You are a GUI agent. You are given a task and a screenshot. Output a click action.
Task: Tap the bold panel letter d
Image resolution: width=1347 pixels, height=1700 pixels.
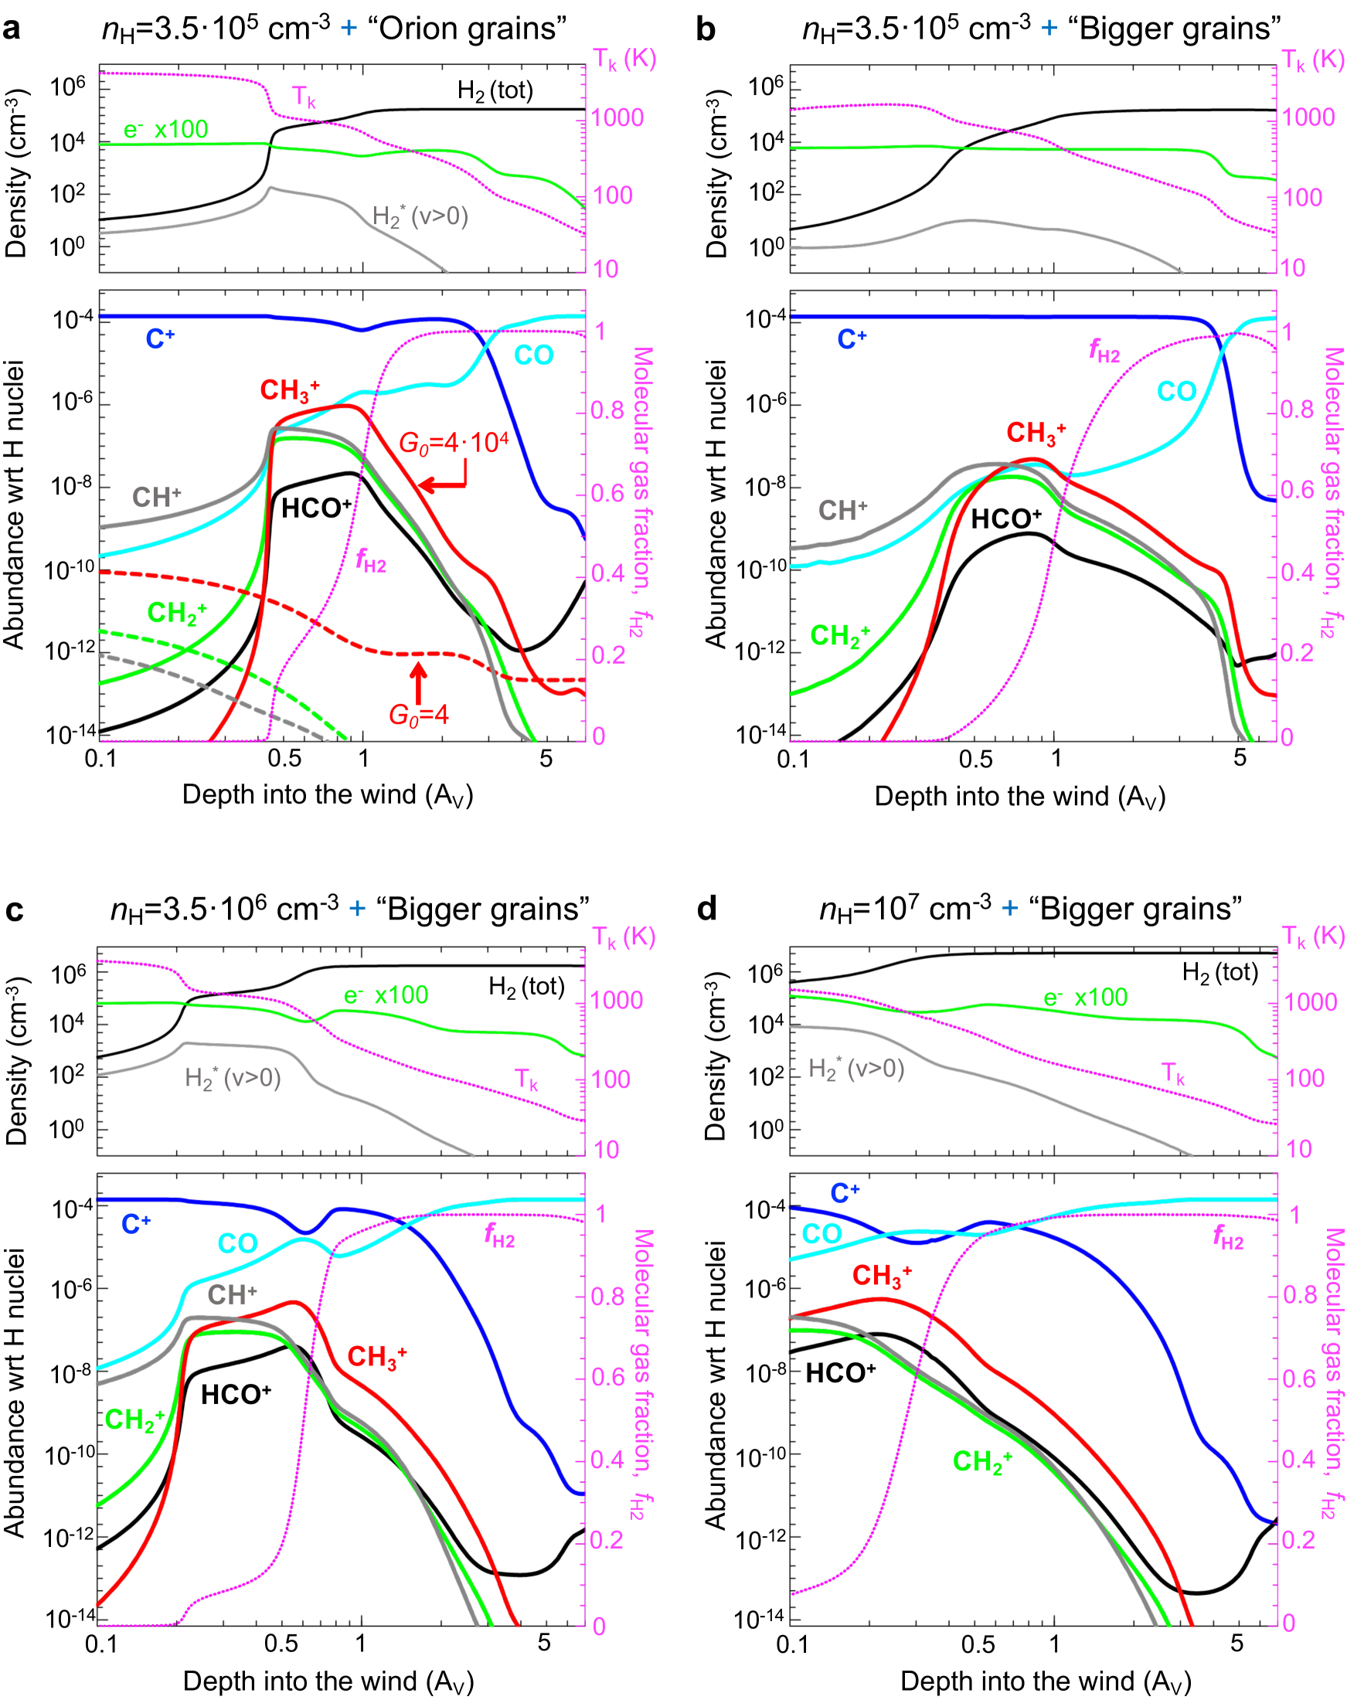pyautogui.click(x=706, y=909)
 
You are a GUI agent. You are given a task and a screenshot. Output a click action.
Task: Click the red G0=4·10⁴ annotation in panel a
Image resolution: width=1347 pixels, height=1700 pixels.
pyautogui.click(x=454, y=442)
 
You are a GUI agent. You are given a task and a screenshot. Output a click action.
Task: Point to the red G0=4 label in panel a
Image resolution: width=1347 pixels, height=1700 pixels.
pyautogui.click(x=418, y=716)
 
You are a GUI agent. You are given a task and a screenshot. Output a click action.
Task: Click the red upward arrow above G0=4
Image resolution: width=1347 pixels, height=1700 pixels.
pyautogui.click(x=418, y=682)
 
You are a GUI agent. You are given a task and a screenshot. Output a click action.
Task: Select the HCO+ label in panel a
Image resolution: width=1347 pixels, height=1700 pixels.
pyautogui.click(x=315, y=508)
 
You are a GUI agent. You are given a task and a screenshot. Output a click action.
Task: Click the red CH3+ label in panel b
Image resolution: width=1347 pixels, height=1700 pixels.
pyautogui.click(x=1036, y=433)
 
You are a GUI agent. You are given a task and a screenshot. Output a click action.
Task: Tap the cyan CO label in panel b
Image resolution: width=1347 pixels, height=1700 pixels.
pyautogui.click(x=1176, y=392)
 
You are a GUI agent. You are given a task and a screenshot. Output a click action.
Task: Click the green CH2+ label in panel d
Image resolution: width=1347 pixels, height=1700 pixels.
pyautogui.click(x=982, y=1460)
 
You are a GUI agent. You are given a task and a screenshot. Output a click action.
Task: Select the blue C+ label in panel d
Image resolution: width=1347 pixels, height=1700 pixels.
pyautogui.click(x=845, y=1193)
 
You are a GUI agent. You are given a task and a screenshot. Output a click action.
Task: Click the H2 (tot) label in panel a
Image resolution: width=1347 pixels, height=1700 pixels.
pyautogui.click(x=495, y=91)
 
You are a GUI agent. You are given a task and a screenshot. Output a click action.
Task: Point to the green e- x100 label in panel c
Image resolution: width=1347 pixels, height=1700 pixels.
pyautogui.click(x=386, y=995)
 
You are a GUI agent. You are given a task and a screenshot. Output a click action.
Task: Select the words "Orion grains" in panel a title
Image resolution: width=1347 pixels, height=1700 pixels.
pyautogui.click(x=467, y=29)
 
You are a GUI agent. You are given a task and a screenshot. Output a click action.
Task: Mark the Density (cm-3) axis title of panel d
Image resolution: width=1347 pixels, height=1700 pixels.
pyautogui.click(x=716, y=1056)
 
